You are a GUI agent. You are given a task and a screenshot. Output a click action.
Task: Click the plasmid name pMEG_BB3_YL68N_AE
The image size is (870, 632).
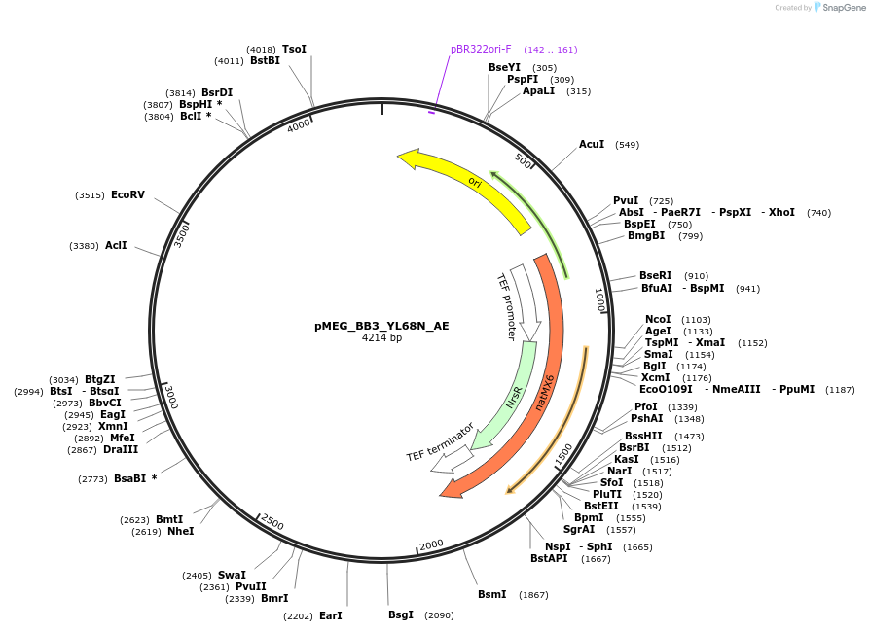click(381, 326)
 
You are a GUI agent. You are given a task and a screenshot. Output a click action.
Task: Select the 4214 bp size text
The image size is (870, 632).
click(381, 338)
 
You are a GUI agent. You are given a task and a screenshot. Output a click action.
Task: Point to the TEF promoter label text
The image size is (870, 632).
click(506, 305)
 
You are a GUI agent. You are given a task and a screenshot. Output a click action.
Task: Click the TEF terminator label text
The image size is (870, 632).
click(440, 441)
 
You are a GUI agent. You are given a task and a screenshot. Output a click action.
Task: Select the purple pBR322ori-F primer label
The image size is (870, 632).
click(481, 49)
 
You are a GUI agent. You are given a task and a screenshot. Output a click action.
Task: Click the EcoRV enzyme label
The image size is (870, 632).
click(127, 195)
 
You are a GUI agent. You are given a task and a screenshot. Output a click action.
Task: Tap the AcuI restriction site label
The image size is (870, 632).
click(592, 145)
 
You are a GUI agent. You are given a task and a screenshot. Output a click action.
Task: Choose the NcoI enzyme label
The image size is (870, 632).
click(658, 319)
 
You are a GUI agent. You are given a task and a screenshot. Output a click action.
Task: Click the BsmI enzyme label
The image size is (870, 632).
click(491, 594)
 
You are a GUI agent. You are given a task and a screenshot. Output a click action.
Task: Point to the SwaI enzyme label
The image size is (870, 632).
click(232, 575)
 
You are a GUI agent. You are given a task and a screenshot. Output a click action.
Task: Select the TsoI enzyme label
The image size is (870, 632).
click(294, 49)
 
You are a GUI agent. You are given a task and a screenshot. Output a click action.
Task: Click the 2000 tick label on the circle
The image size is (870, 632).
click(431, 544)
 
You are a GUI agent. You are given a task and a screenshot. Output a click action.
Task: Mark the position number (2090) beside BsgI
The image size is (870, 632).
click(439, 615)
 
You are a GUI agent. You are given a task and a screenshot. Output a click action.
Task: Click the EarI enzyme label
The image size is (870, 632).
click(330, 615)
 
